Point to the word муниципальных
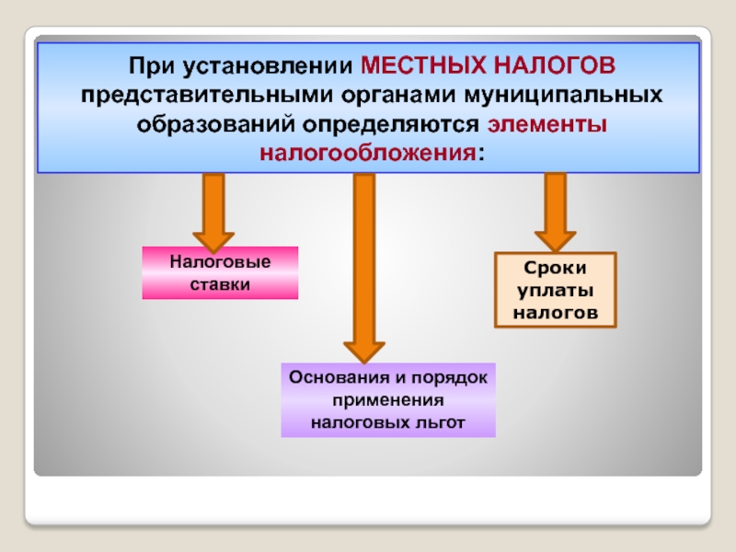[563, 96]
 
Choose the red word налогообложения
[368, 152]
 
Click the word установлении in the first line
[275, 67]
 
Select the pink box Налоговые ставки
[220, 273]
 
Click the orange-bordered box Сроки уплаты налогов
[555, 290]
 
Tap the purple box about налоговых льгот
[387, 400]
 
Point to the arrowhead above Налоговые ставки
[213, 238]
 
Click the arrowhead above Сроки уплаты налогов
[555, 240]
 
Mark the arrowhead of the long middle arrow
[364, 349]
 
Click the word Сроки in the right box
[555, 268]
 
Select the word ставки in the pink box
[220, 284]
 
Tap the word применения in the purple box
[388, 400]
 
